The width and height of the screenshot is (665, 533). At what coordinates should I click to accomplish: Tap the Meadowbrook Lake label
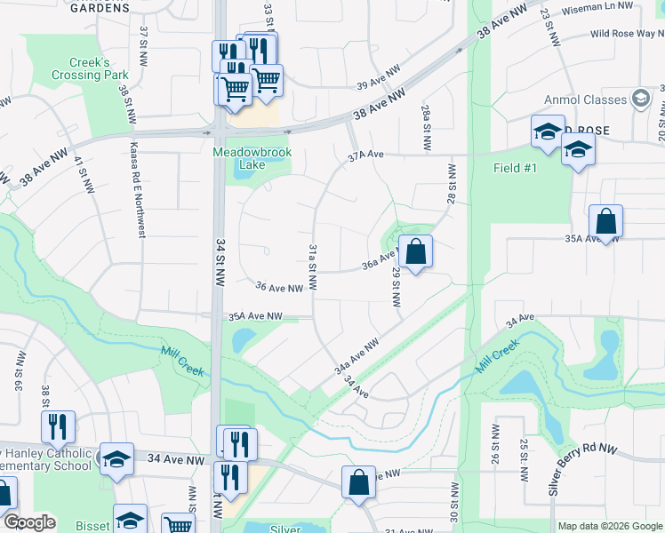pos(252,158)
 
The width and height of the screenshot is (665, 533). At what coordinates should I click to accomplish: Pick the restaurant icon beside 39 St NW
pos(58,427)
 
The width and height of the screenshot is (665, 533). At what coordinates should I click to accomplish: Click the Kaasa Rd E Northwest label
pos(138,189)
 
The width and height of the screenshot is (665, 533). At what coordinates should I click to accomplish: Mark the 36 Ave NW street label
pos(279,287)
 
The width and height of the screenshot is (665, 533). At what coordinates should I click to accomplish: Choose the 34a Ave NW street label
pos(357,354)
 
